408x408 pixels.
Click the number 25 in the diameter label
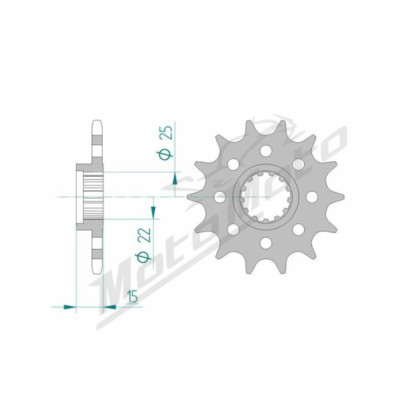click(167, 133)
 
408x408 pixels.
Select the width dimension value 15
click(133, 297)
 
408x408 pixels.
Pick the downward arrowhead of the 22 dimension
click(153, 212)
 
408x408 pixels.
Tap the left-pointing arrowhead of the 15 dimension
click(109, 307)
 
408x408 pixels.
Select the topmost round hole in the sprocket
click(266, 151)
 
